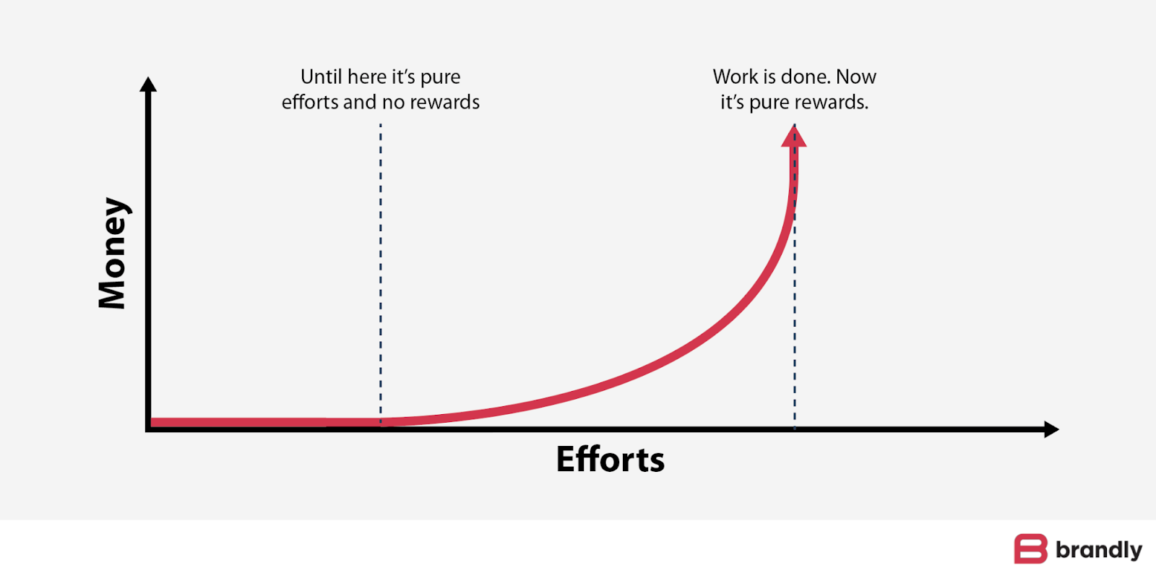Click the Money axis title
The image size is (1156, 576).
[x=113, y=253]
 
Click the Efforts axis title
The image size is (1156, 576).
[x=610, y=460]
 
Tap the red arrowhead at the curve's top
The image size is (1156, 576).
[x=794, y=136]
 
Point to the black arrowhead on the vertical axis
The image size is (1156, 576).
[x=148, y=85]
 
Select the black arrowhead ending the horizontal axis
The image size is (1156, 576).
[x=1051, y=429]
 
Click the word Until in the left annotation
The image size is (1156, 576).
[x=322, y=77]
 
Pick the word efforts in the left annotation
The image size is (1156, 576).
[x=310, y=102]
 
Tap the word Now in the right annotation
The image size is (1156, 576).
[x=856, y=77]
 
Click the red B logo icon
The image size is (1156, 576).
[x=1030, y=549]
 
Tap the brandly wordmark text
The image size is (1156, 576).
[x=1098, y=550]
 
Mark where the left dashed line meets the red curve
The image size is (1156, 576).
[x=381, y=421]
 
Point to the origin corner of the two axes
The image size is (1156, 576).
[x=149, y=429]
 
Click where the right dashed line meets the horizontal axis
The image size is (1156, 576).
[x=795, y=429]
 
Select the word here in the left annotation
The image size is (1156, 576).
[x=367, y=77]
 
